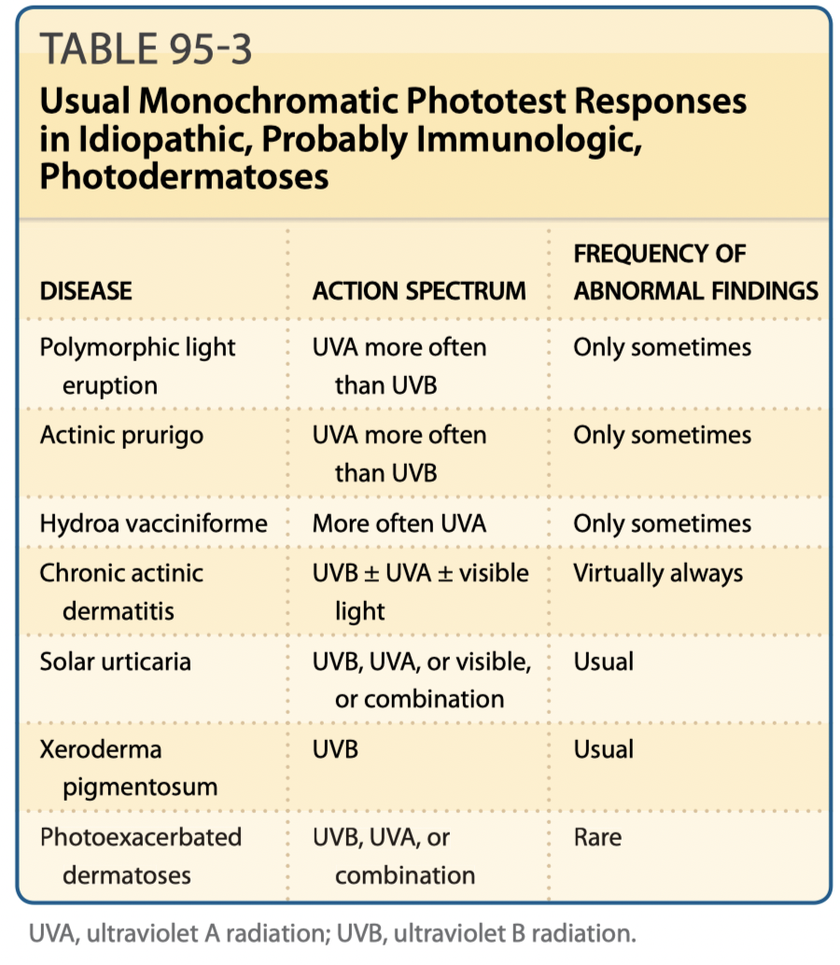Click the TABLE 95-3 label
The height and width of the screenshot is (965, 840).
(x=146, y=50)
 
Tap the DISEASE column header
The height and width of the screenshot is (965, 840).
(x=86, y=290)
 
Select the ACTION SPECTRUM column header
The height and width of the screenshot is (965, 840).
(x=419, y=290)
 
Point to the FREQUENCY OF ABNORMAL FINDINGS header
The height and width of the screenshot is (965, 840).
(x=695, y=272)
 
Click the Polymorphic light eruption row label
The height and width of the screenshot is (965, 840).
(x=137, y=366)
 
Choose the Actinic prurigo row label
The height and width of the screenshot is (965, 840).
(x=121, y=435)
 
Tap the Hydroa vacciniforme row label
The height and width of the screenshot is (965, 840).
(x=153, y=523)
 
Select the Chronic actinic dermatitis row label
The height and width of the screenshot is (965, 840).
(x=121, y=592)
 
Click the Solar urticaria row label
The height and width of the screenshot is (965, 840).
(x=115, y=662)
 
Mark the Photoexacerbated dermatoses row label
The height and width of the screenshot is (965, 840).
(x=140, y=856)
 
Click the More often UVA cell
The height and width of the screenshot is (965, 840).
(x=399, y=523)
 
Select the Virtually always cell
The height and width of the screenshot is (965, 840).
(x=658, y=573)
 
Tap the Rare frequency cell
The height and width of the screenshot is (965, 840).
(x=597, y=837)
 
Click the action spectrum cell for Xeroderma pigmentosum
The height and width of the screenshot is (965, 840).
(x=335, y=749)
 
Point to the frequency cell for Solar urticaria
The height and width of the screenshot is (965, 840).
(x=603, y=662)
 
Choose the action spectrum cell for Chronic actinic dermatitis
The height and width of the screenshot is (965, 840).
(x=420, y=592)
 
